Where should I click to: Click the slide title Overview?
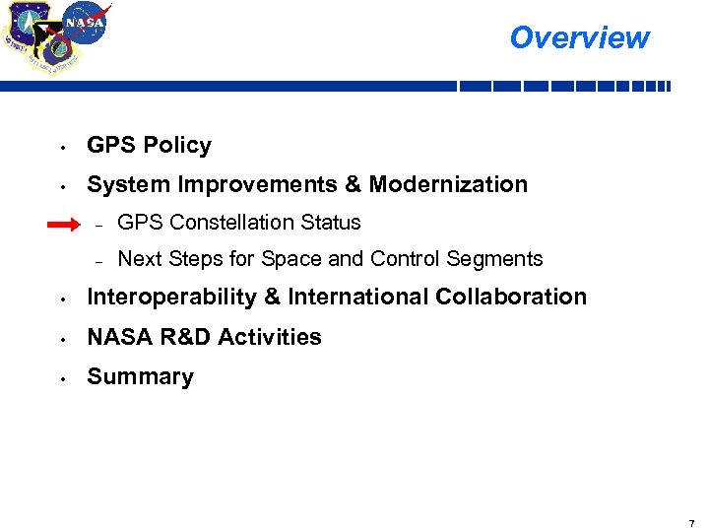579,37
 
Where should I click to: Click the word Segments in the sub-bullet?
494,259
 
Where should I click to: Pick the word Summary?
141,376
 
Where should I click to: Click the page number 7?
691,522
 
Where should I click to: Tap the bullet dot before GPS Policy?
61,148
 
